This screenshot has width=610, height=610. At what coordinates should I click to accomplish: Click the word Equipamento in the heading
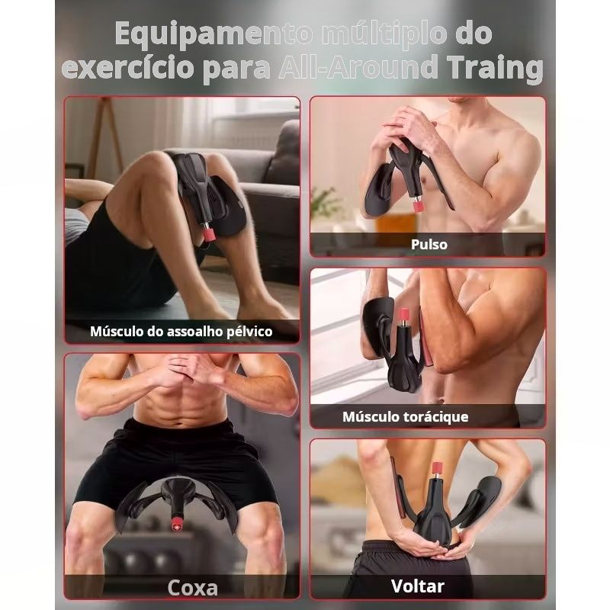pos(213,34)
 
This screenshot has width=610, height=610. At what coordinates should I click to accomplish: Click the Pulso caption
pos(429,244)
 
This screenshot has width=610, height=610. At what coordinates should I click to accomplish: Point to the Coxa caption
pos(193,587)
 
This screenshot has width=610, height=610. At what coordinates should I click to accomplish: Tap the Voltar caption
pos(417,586)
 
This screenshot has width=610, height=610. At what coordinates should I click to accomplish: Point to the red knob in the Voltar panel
pos(438,468)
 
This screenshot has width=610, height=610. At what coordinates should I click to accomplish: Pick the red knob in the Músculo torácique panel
pos(404,315)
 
